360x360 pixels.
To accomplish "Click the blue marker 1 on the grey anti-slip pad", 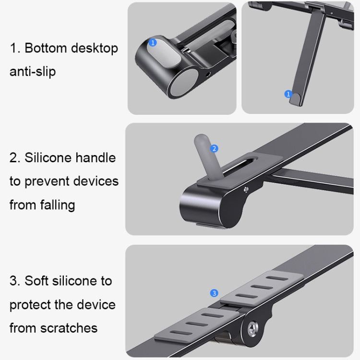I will pos(153,43).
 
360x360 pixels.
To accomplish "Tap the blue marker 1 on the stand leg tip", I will pos(288,94).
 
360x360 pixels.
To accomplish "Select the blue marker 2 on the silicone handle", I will pos(215,149).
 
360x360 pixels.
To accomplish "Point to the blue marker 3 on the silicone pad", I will pos(214,293).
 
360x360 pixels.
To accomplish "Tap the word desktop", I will pos(95,48).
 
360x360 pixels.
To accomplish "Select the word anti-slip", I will pos(33,72).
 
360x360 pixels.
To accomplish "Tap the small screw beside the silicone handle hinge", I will pos(246,189).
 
